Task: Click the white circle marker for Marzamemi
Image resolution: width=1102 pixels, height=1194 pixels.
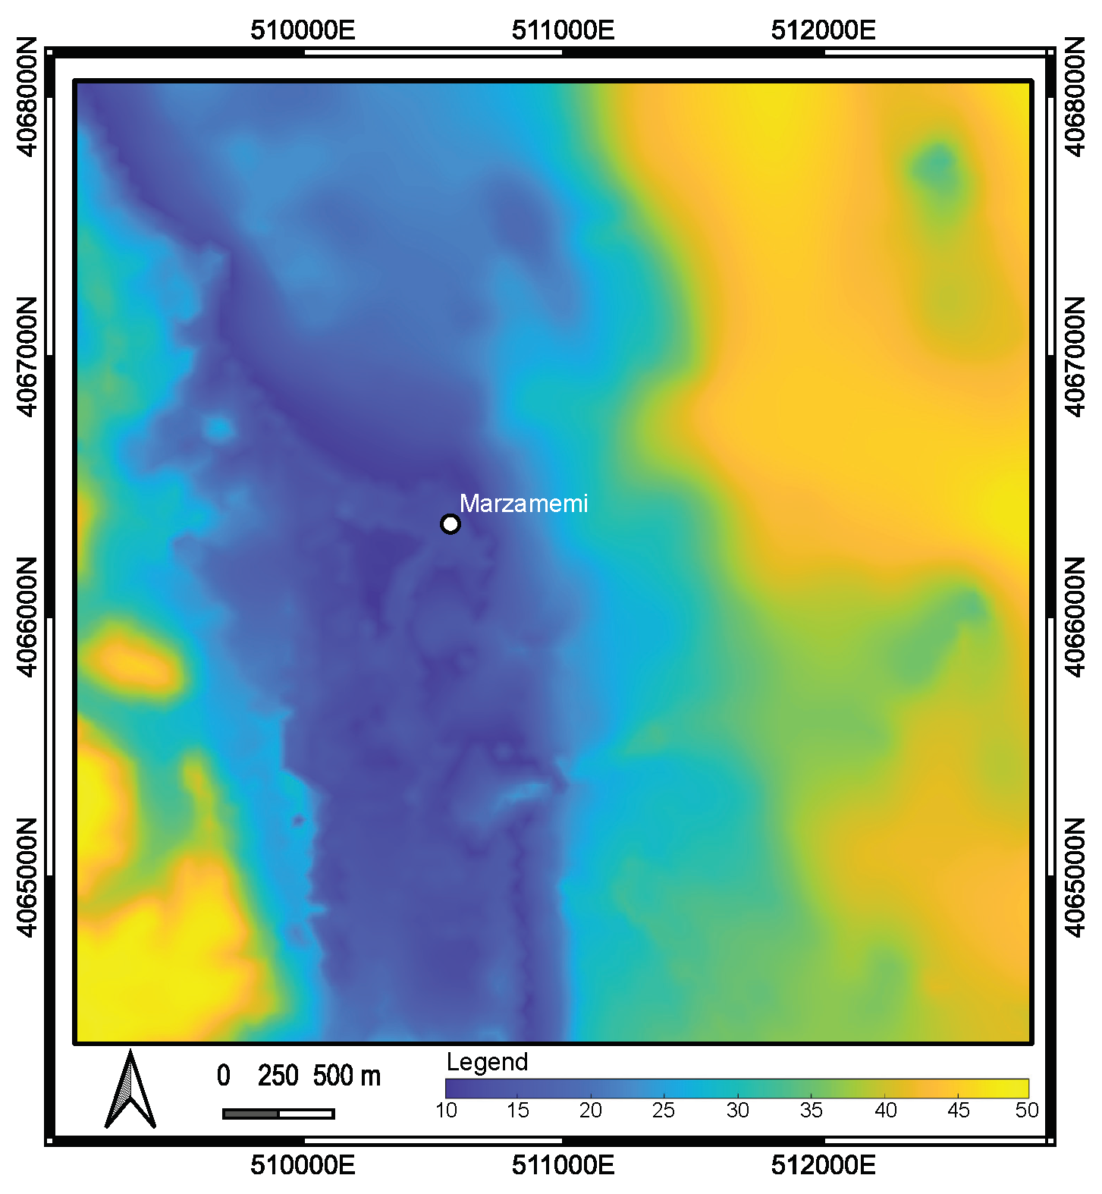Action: (451, 524)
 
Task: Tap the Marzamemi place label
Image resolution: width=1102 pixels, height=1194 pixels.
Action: (523, 504)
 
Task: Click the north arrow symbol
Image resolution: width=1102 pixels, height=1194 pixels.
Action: (130, 1089)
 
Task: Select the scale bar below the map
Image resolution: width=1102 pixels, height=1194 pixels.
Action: (278, 1114)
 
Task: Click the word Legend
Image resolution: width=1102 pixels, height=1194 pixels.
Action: (487, 1062)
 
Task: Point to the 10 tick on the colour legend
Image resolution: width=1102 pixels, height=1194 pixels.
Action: (447, 1111)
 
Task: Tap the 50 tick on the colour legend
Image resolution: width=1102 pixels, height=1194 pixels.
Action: (1027, 1111)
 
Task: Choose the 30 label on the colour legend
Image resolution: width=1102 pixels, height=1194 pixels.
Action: (737, 1111)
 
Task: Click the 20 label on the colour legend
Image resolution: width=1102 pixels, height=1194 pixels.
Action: (590, 1111)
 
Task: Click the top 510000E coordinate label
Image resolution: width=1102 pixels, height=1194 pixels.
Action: (303, 31)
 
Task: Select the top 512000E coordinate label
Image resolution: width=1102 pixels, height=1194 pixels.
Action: (824, 31)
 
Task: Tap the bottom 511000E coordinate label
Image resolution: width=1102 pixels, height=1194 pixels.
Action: (563, 1165)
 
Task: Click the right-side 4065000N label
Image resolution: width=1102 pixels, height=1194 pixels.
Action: (1075, 878)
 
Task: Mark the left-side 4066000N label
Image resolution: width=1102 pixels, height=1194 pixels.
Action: (26, 617)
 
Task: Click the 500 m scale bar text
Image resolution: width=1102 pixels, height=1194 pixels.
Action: (347, 1076)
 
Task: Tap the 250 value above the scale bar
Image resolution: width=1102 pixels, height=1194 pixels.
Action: (278, 1076)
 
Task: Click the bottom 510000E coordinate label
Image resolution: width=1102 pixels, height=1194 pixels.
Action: (303, 1165)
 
